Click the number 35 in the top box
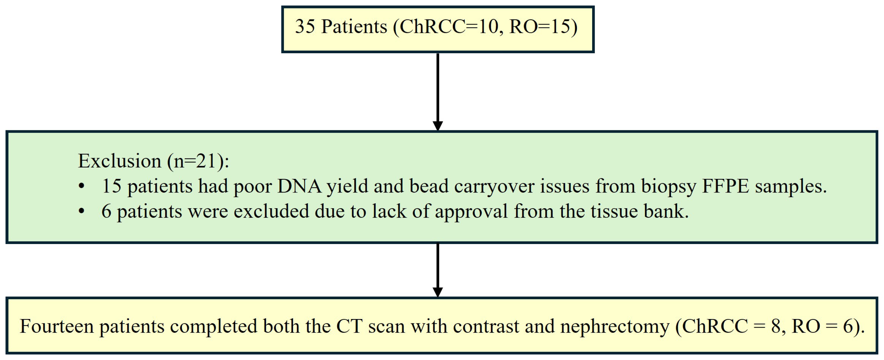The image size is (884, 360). pos(305,27)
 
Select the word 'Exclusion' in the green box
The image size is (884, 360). pos(119,161)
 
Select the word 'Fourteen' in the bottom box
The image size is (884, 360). pos(57,326)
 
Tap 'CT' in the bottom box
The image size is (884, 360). pos(349,326)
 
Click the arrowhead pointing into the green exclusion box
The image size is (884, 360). pos(437,126)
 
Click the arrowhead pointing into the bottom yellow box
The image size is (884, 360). pos(437,292)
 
